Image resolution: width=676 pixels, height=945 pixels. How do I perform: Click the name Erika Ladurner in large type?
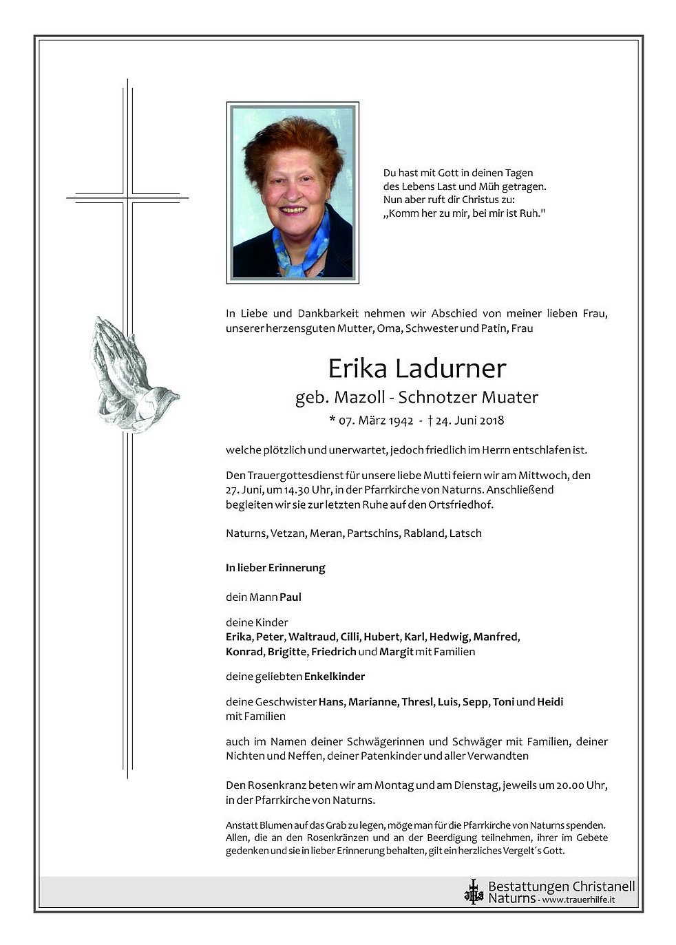pyautogui.click(x=416, y=369)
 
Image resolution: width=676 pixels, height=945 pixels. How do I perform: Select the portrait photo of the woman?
pyautogui.click(x=293, y=193)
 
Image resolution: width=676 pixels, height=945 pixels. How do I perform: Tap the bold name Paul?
pyautogui.click(x=291, y=597)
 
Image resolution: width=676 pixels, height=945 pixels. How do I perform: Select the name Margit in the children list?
pyautogui.click(x=396, y=652)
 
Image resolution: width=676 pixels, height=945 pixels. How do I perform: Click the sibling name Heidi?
pyautogui.click(x=550, y=702)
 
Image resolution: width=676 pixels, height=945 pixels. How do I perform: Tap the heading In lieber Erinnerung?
pyautogui.click(x=275, y=569)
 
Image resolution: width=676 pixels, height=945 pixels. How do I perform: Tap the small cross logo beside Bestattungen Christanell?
pyautogui.click(x=473, y=892)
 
